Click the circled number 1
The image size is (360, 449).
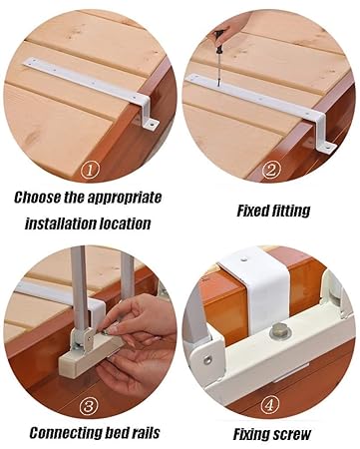(x=90, y=172)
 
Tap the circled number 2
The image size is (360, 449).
(x=271, y=170)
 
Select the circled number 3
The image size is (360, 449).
(x=89, y=407)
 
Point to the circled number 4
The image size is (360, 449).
(x=270, y=405)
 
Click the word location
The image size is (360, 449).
(x=125, y=224)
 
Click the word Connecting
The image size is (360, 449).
(x=65, y=434)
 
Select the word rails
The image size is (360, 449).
(x=146, y=433)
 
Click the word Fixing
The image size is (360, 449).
(x=250, y=435)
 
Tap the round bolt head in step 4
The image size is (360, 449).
(x=279, y=331)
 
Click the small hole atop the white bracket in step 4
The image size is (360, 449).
(x=245, y=257)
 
